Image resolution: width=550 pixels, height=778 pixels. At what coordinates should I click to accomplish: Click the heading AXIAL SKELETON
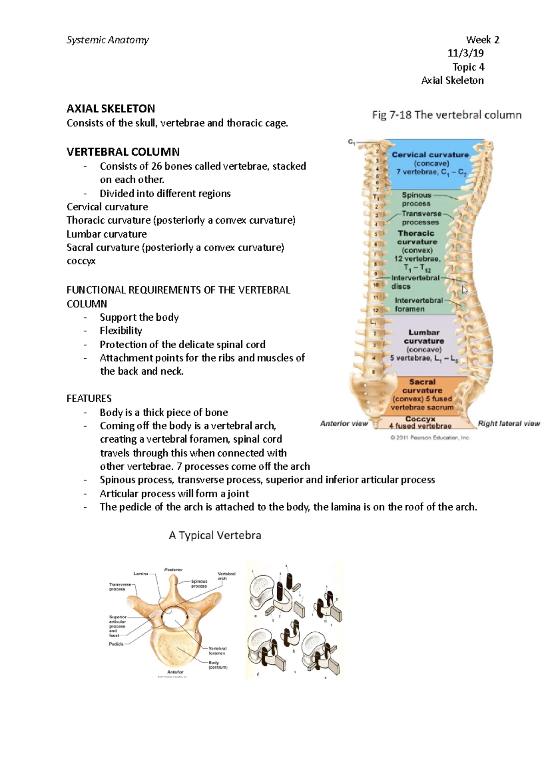point(110,109)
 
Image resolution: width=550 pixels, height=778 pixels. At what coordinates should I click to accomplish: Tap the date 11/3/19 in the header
point(465,53)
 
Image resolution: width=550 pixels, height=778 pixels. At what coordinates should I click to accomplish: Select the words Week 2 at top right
point(482,40)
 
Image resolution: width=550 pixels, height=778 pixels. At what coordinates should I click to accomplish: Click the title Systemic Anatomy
point(108,40)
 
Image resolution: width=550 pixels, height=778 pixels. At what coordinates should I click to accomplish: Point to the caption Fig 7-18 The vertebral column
point(446,115)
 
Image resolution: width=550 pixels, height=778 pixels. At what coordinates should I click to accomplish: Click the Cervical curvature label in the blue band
point(430,155)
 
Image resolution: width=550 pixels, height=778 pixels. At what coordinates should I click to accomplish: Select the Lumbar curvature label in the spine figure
point(424,337)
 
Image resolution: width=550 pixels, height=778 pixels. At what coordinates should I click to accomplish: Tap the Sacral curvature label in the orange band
point(422,386)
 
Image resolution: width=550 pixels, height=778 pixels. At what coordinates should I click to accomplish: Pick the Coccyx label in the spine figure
point(420,419)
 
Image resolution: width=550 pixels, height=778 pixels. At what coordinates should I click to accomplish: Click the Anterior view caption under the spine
point(344,424)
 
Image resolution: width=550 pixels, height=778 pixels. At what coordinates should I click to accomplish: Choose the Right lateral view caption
point(509,424)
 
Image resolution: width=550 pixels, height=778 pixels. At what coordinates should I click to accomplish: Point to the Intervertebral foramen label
point(419,305)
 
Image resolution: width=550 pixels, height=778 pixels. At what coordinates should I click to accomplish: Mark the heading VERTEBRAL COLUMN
point(123,152)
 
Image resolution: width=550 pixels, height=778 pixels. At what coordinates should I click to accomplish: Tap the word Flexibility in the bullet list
point(121,330)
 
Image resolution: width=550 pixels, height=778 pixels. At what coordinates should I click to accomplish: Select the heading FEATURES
point(89,398)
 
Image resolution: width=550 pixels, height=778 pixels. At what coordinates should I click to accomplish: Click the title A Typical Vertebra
point(215,535)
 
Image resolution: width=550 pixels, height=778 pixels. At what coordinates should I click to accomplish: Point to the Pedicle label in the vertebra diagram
point(116,644)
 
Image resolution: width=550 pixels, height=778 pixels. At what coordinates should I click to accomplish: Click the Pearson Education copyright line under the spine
point(430,438)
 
